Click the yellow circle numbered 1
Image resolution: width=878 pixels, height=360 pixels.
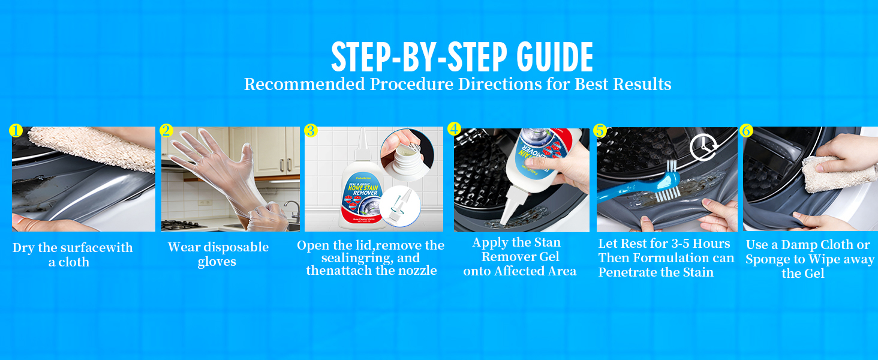tap(16, 130)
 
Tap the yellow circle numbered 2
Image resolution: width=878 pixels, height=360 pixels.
tap(166, 130)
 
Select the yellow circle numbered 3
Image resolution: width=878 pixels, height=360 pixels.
tap(311, 130)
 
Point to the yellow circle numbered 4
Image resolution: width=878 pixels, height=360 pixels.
tap(454, 128)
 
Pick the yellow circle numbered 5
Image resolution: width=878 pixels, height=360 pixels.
tap(600, 130)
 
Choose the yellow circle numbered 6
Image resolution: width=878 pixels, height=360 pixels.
tap(746, 130)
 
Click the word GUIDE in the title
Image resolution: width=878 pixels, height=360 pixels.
tap(555, 57)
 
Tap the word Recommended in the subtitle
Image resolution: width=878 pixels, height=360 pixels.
tap(305, 85)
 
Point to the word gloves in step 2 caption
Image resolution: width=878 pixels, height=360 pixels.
tap(217, 262)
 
